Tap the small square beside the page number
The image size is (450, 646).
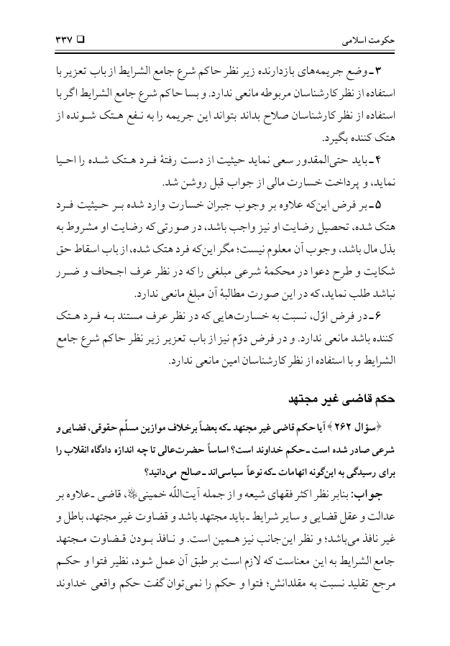point(80,34)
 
